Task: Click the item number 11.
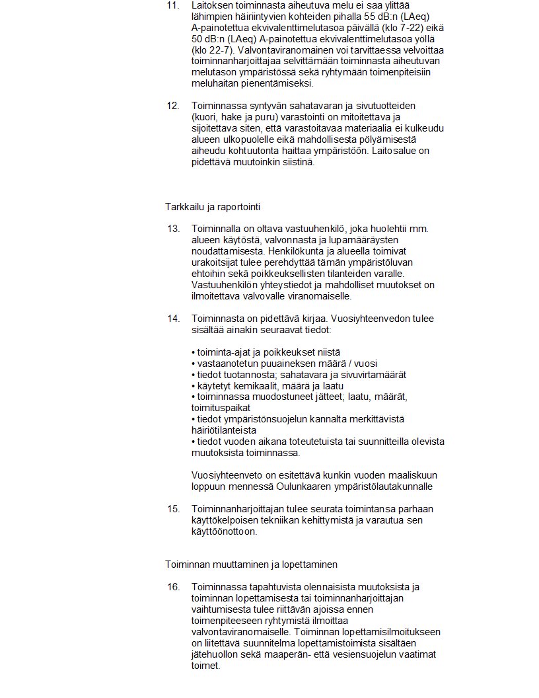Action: (172, 5)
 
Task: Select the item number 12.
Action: (172, 106)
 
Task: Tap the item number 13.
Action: (173, 229)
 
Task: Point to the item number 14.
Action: (173, 319)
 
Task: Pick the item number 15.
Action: (173, 509)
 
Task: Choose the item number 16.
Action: (173, 587)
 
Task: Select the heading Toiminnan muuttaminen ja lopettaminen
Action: (251, 564)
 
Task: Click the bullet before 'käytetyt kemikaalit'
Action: (193, 386)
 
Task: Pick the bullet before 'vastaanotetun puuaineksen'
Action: (193, 364)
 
